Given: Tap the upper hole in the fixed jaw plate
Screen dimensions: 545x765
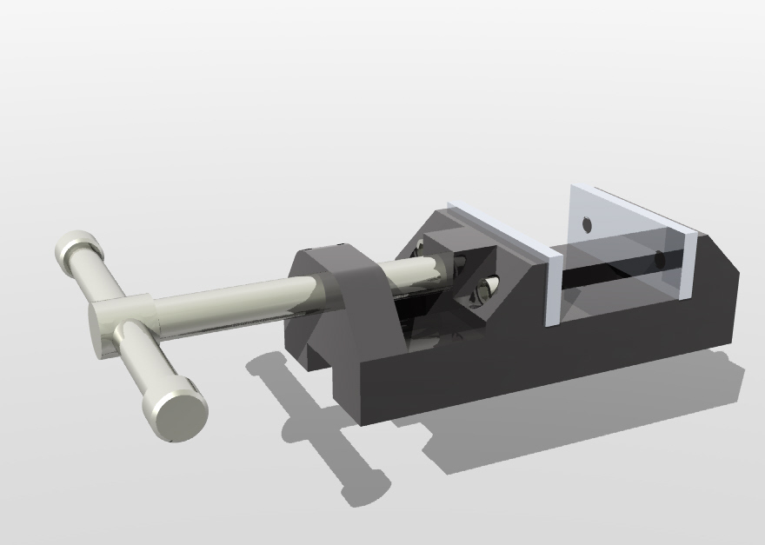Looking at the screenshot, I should [x=587, y=223].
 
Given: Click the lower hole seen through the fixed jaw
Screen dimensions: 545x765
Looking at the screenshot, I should [x=659, y=258].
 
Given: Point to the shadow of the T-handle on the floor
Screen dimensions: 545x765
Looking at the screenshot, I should [x=322, y=435].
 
